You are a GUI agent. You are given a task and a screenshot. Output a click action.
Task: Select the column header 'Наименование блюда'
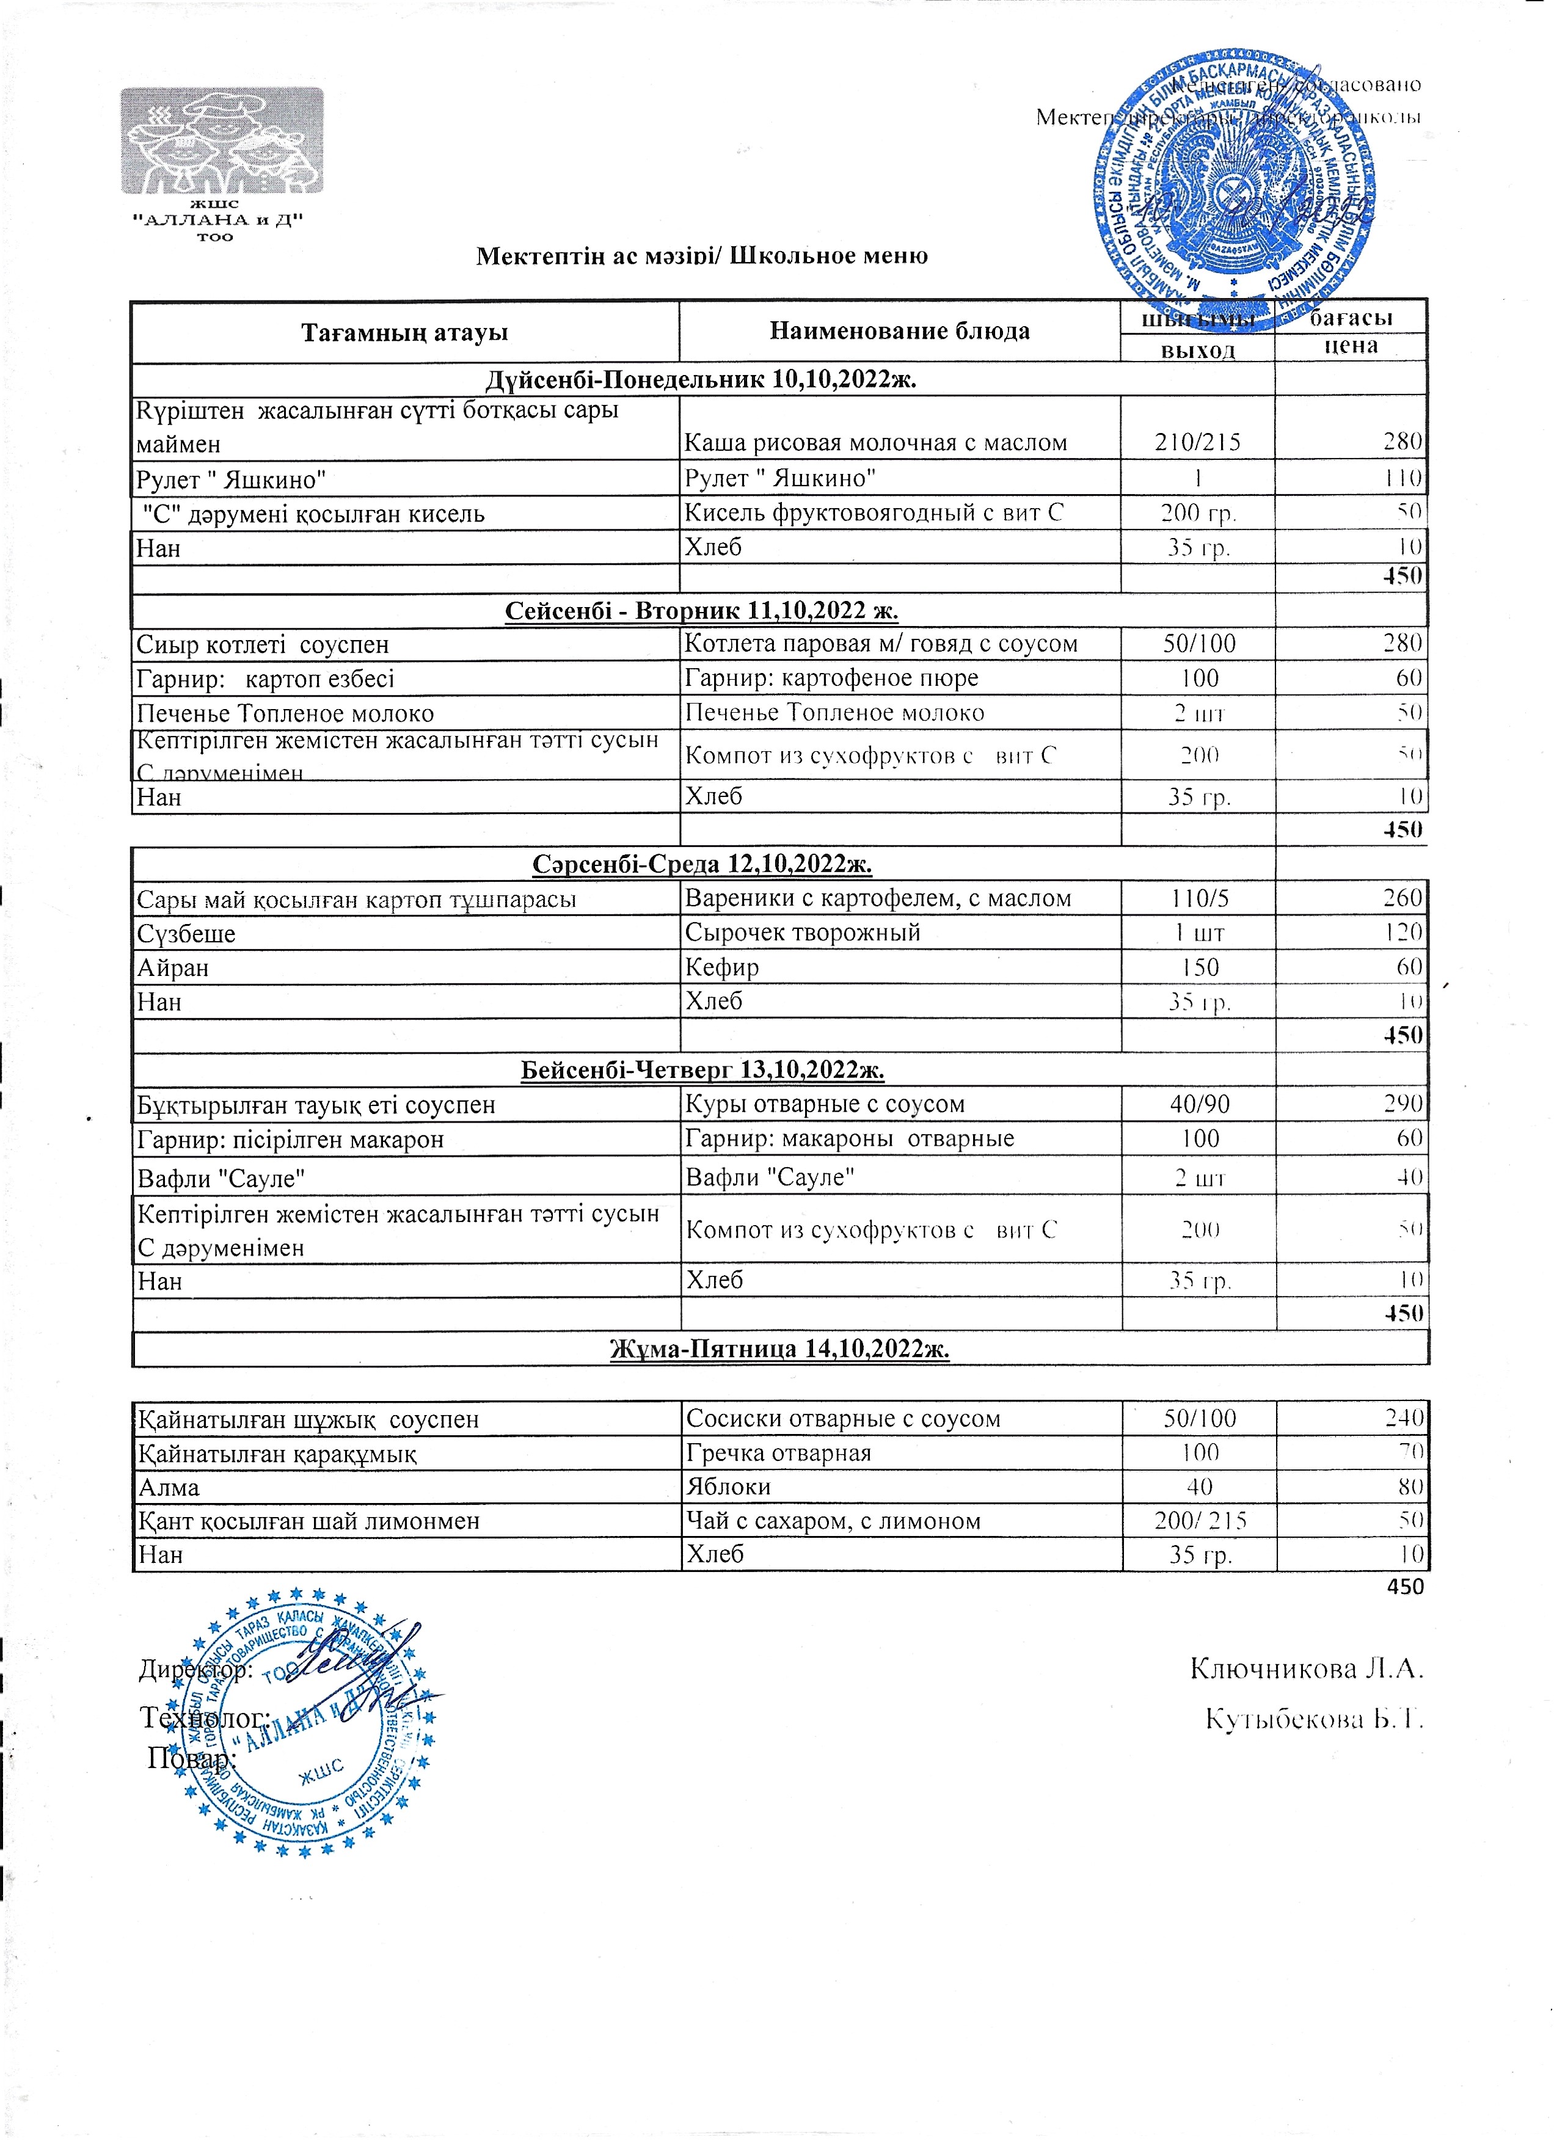point(899,331)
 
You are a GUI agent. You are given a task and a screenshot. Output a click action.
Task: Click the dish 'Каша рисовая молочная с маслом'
point(875,443)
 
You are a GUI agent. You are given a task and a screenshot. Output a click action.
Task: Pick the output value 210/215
point(1197,443)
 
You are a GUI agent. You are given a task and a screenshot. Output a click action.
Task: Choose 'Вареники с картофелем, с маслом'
point(878,898)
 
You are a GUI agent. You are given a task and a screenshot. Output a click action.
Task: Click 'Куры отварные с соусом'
point(825,1104)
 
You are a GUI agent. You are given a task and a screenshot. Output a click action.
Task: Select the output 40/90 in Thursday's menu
point(1199,1104)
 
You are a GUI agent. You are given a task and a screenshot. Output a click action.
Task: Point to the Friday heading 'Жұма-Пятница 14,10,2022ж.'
point(779,1349)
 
